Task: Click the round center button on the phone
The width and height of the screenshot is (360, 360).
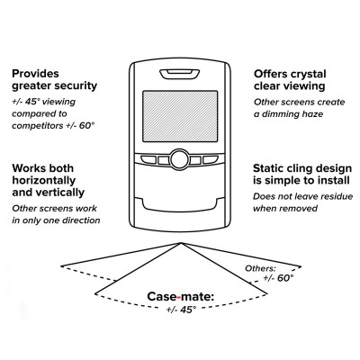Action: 180,159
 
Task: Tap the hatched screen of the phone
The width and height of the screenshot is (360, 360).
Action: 180,116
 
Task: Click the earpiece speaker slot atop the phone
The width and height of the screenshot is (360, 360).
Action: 180,74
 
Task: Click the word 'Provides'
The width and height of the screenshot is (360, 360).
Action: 35,74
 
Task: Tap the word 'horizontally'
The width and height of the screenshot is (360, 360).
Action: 44,180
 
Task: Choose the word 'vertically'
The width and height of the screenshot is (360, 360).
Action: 58,193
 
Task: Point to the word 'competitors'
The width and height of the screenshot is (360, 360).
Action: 38,126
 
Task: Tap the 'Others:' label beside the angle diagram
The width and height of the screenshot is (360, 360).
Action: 260,268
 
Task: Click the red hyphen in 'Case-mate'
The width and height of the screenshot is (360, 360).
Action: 179,297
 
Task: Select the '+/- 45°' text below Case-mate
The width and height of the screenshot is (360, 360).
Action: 182,310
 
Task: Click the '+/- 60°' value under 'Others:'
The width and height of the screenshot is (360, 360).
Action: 278,278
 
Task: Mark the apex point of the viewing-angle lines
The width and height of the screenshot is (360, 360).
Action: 181,243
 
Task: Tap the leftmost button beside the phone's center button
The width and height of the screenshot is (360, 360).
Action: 148,159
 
